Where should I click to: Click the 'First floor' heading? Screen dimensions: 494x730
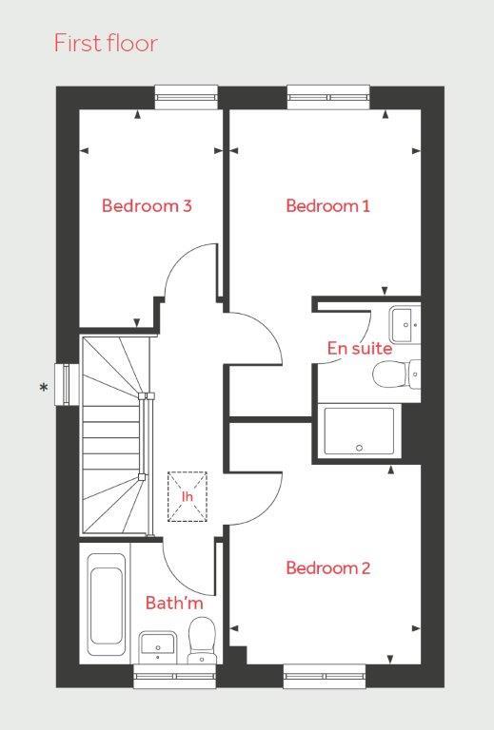(107, 43)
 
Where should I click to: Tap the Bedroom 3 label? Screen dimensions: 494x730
(147, 205)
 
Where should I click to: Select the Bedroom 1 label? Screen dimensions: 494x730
(328, 205)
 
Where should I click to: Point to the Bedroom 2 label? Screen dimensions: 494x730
(328, 567)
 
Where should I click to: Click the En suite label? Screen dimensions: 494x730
(359, 348)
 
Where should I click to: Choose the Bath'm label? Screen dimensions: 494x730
(174, 603)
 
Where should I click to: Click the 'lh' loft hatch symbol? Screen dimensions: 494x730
(187, 496)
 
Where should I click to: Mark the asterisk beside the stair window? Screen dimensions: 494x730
(45, 388)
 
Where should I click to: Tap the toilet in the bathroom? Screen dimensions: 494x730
(202, 639)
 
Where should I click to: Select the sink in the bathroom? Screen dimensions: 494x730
(157, 646)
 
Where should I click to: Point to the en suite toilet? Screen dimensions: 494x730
(397, 375)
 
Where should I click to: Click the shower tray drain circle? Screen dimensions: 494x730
(359, 448)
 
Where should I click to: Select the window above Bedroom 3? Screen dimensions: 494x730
(187, 97)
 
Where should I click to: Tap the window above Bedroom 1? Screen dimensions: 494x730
(328, 97)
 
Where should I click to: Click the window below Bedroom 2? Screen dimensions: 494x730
(325, 676)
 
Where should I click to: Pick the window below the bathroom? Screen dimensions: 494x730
(175, 676)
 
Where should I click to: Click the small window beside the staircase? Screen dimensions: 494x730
(68, 384)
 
